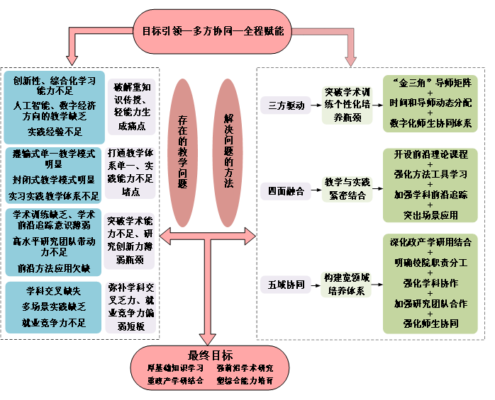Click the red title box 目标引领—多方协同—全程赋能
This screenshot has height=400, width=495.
[x=211, y=31]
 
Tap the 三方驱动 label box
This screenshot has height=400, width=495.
[x=286, y=105]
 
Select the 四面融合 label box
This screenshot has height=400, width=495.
[x=286, y=191]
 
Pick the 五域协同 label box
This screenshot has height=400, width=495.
[x=286, y=285]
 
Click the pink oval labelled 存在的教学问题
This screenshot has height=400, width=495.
[x=182, y=152]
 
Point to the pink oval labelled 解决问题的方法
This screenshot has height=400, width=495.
[x=228, y=152]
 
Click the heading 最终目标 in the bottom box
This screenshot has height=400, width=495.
[x=210, y=355]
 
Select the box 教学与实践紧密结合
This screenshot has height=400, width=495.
[x=347, y=188]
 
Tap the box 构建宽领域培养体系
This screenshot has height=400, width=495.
[x=347, y=284]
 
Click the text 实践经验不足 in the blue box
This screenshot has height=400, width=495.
[x=55, y=132]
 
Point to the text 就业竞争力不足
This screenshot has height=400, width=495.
[x=55, y=323]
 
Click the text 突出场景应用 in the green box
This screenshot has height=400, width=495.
[x=430, y=215]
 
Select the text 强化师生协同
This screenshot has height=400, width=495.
[x=430, y=324]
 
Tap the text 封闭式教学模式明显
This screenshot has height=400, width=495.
[x=55, y=180]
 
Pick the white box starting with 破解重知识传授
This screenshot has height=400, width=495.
[x=131, y=107]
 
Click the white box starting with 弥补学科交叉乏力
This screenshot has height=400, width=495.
[x=131, y=307]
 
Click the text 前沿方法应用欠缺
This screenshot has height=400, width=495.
[x=55, y=268]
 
